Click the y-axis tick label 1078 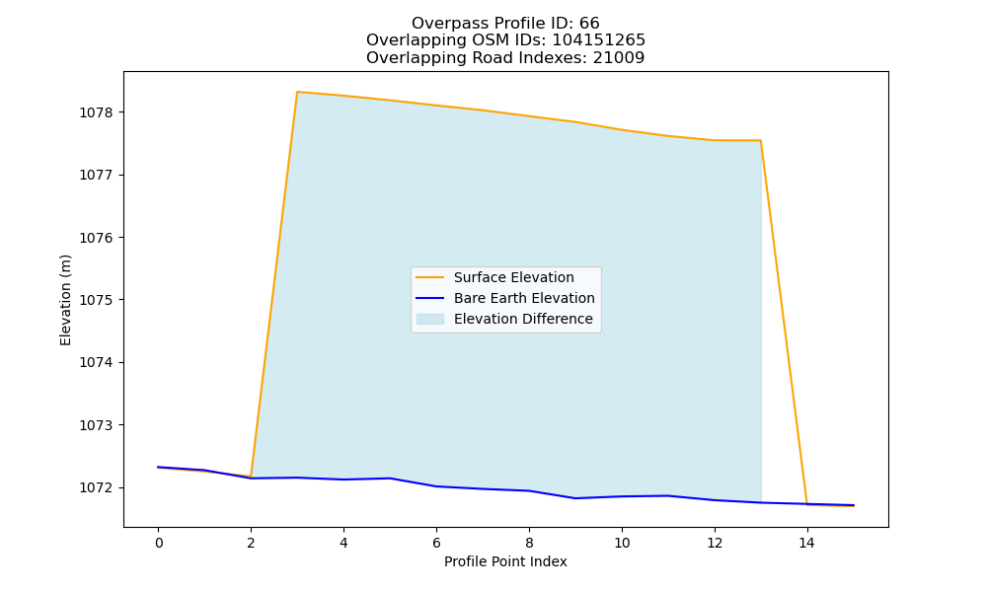(x=96, y=112)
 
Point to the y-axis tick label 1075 (x=96, y=300)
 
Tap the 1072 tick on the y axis (x=96, y=487)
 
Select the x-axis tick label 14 (x=807, y=543)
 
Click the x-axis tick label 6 (x=436, y=543)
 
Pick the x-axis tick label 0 (x=159, y=543)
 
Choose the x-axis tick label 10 (x=622, y=543)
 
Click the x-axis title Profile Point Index (x=505, y=561)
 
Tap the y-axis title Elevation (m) (x=65, y=300)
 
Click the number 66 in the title (x=590, y=24)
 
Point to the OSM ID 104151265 (x=599, y=40)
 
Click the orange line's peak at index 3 (x=297, y=92)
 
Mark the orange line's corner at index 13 (x=760, y=140)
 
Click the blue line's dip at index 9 (x=575, y=498)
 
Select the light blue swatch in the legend (x=430, y=319)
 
